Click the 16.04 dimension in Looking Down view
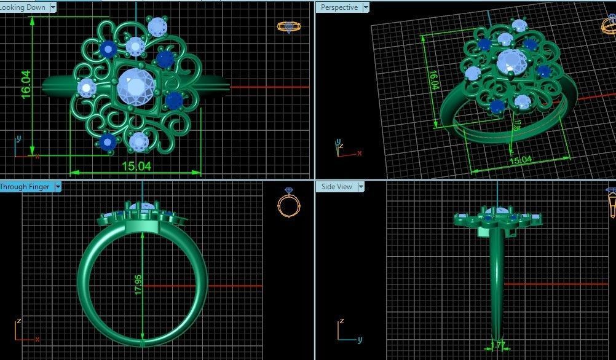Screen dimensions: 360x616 (x=25, y=84)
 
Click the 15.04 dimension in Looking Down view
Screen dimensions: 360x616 (x=136, y=165)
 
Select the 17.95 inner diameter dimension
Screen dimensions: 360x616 (x=138, y=283)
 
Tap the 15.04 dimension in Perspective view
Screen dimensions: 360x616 (x=521, y=160)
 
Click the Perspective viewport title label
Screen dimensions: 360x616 (x=339, y=7)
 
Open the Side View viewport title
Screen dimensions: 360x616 (x=337, y=186)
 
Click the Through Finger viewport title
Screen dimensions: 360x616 (x=25, y=186)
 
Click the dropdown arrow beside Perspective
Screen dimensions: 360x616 (x=366, y=7)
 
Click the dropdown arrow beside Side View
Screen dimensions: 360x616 (x=361, y=186)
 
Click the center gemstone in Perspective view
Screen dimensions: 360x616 (x=511, y=62)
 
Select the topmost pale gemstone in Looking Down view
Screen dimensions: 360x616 (x=157, y=26)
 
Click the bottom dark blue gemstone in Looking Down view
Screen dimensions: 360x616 (x=108, y=142)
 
